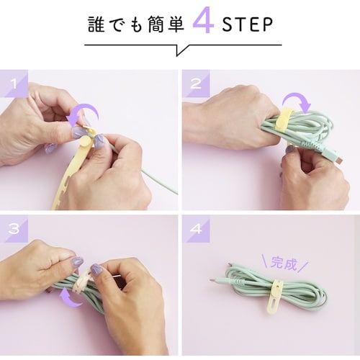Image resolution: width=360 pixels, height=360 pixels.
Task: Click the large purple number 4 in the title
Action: (203, 20)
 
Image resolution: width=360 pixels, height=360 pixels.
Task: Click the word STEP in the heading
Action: (248, 24)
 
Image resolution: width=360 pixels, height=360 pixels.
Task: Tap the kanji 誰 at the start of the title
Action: (96, 24)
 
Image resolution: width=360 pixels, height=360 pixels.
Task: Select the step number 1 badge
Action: (14, 84)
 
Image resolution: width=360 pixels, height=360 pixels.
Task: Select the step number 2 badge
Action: (196, 84)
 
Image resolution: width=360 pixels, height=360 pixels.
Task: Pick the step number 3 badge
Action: (14, 229)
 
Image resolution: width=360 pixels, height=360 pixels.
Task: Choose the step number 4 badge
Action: (196, 229)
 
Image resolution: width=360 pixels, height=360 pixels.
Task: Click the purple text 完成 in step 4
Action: (284, 264)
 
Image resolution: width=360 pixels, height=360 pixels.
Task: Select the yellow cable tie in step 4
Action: (275, 297)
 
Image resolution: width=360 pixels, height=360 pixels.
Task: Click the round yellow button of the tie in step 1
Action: (84, 141)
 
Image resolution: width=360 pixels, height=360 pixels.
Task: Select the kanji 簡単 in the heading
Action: (166, 24)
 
